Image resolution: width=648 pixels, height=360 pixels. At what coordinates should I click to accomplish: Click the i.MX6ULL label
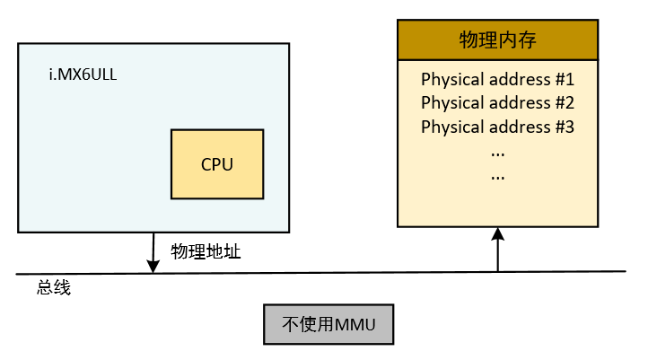point(83,74)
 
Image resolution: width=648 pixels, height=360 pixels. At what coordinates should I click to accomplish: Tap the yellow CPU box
point(217,164)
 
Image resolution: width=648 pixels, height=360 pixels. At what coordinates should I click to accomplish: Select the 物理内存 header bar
point(497,40)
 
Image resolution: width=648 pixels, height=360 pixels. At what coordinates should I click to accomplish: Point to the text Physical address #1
point(497,78)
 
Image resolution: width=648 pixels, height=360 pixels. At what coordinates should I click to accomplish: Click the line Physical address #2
point(497,102)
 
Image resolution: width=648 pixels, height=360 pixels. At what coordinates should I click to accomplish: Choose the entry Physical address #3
point(497,127)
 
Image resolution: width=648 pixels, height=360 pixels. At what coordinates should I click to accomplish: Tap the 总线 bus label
point(53,288)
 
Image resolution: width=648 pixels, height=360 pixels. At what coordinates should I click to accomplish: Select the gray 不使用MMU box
point(328,324)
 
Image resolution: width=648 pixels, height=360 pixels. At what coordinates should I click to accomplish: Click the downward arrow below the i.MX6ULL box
point(153,252)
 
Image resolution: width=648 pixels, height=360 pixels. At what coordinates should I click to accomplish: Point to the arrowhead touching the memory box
point(498,233)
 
